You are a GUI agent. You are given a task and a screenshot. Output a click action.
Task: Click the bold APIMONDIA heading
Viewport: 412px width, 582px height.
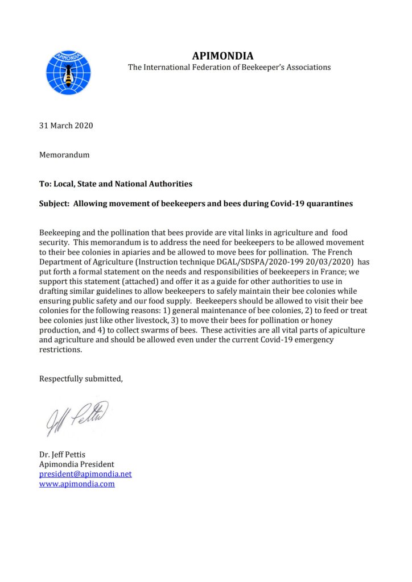[223, 56]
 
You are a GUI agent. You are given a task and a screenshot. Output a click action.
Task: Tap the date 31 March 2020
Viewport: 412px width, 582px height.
[66, 126]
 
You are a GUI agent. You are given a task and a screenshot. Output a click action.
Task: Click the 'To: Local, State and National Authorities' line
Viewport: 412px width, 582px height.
[116, 184]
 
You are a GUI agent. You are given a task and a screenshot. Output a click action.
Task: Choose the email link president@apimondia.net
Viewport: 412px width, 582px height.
[85, 473]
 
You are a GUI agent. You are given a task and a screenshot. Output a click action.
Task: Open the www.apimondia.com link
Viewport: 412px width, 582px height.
[77, 484]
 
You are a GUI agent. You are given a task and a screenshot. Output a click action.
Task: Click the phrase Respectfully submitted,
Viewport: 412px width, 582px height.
[81, 379]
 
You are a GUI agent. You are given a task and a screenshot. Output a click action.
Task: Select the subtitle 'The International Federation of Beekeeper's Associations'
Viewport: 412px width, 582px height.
[229, 67]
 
